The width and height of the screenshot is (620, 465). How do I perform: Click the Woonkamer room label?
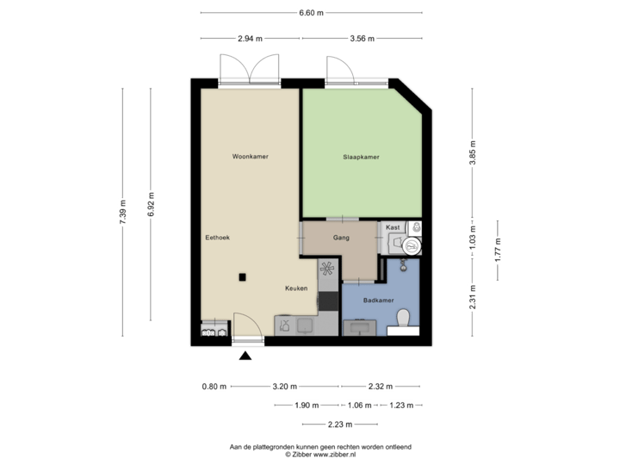click(251, 157)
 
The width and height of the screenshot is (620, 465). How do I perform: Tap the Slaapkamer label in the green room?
click(362, 157)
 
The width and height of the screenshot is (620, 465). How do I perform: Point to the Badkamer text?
click(379, 301)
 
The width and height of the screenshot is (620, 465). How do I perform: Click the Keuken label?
click(296, 288)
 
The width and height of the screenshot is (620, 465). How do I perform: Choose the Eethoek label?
click(217, 237)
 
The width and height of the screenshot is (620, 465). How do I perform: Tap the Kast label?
click(394, 226)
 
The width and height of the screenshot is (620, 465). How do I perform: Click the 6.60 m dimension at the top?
click(311, 13)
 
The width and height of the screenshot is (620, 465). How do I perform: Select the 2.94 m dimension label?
click(251, 39)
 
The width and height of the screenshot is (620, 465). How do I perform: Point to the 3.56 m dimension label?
click(362, 39)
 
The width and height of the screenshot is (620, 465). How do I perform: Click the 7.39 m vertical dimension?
click(122, 212)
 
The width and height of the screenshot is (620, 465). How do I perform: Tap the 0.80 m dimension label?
click(214, 387)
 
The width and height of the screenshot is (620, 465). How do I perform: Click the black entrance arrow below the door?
click(245, 355)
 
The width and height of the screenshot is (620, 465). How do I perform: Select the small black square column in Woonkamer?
click(244, 276)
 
